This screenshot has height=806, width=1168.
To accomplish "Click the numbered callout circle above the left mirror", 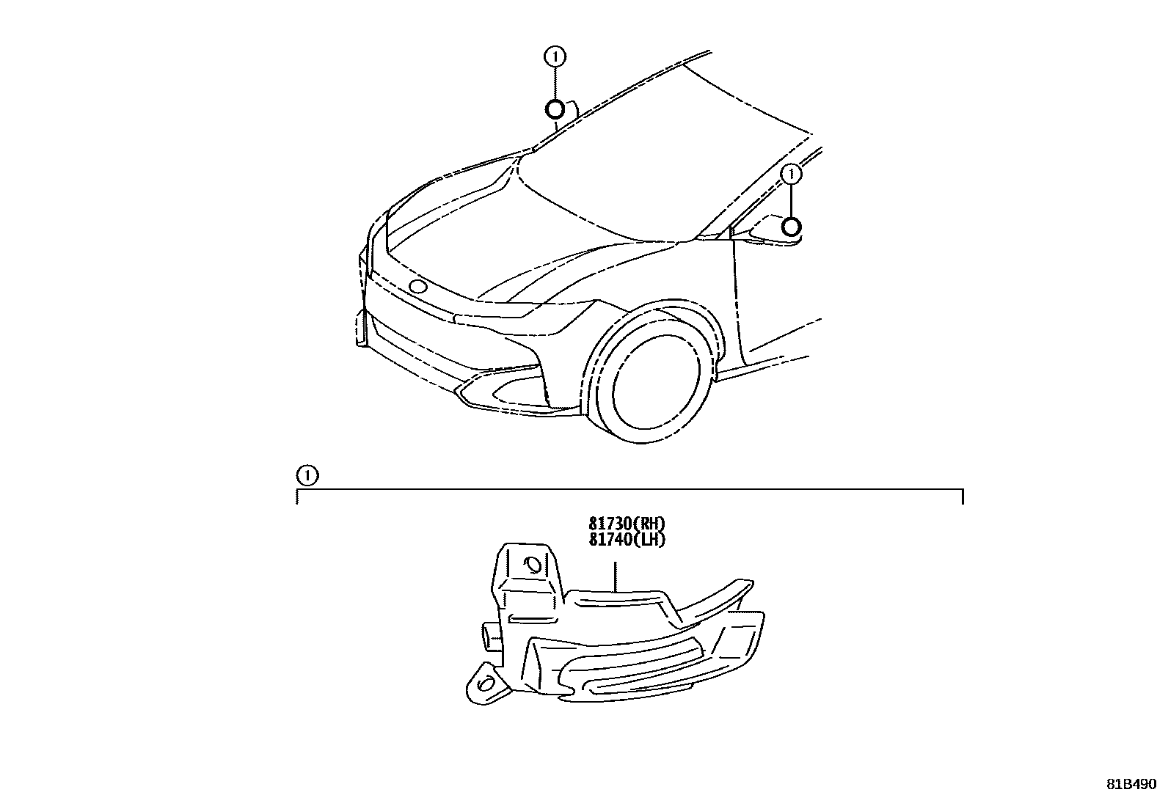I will tap(555, 56).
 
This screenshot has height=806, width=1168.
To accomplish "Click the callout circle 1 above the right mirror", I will tap(791, 175).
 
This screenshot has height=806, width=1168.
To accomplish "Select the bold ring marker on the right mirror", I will tap(791, 227).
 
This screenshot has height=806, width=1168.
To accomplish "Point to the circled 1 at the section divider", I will tap(307, 476).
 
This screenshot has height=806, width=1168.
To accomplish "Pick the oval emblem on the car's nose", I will tap(418, 287).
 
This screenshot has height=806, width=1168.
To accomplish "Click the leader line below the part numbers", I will tap(614, 576).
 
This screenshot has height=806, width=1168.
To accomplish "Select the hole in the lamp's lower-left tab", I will tap(486, 684).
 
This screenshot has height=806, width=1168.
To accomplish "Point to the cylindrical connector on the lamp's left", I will tap(491, 634).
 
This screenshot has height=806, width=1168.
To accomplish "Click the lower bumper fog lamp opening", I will tap(499, 390).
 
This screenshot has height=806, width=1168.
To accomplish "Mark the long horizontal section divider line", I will tap(631, 488).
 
